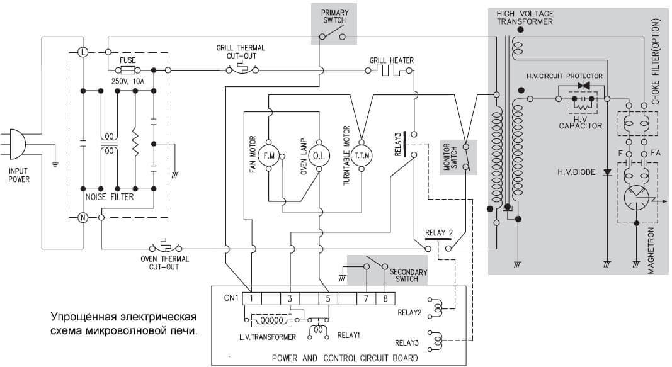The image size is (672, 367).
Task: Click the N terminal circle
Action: pyautogui.click(x=83, y=218)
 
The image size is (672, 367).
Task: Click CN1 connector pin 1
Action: pyautogui.click(x=251, y=298)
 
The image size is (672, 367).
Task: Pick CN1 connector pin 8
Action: pyautogui.click(x=385, y=298)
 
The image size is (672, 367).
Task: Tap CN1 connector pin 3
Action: pyautogui.click(x=290, y=298)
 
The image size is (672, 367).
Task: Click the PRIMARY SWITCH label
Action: pyautogui.click(x=334, y=16)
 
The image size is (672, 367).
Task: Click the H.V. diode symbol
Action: pyautogui.click(x=607, y=171)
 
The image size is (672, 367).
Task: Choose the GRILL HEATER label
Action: pyautogui.click(x=392, y=60)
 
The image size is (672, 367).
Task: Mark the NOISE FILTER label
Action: pyautogui.click(x=110, y=197)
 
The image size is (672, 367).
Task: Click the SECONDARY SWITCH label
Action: pyautogui.click(x=408, y=275)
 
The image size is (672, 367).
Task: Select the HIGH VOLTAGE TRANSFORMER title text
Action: pyautogui.click(x=525, y=17)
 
